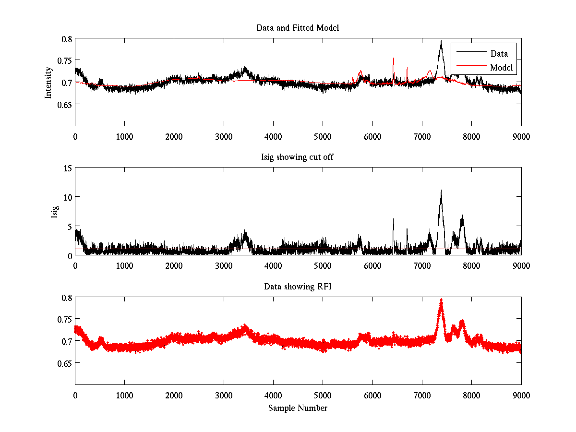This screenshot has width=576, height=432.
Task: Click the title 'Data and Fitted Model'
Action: point(298,28)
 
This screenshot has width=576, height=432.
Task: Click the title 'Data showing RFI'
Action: point(298,287)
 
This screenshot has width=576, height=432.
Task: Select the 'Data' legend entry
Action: point(499,54)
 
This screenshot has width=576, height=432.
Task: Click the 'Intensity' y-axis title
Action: point(48,82)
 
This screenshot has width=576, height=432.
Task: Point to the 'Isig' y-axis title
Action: point(54,212)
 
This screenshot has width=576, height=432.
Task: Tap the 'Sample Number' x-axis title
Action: point(298,408)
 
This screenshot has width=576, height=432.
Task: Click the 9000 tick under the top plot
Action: point(521,136)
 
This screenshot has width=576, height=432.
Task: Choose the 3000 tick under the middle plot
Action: point(224,265)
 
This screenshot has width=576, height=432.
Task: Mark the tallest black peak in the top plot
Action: point(441,42)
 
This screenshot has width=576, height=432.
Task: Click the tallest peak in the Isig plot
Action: point(441,191)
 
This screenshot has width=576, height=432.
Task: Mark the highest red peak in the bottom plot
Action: point(441,300)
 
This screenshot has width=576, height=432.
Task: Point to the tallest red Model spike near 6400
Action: point(394,59)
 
